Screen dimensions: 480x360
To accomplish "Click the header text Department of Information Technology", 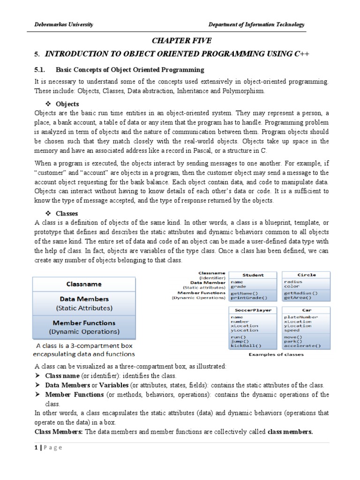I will pos(256,24).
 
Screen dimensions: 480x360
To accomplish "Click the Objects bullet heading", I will pos(67,104).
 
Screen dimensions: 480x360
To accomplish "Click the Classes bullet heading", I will pos(67,213).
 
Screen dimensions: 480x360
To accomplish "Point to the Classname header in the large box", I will pos(84,284).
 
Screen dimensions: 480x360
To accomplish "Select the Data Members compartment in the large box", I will pos(84,303).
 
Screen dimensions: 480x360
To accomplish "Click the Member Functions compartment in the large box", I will pos(84,327).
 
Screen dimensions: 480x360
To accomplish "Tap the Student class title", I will pos(253,275).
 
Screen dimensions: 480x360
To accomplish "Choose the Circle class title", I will pos(307,275).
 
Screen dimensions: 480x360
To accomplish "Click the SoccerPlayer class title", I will pos(253,310).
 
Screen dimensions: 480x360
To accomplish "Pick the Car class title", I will pos(307,310).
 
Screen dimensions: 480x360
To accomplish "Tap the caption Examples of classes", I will pos(276,354).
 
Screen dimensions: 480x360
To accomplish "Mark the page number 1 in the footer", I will pos(37,448).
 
